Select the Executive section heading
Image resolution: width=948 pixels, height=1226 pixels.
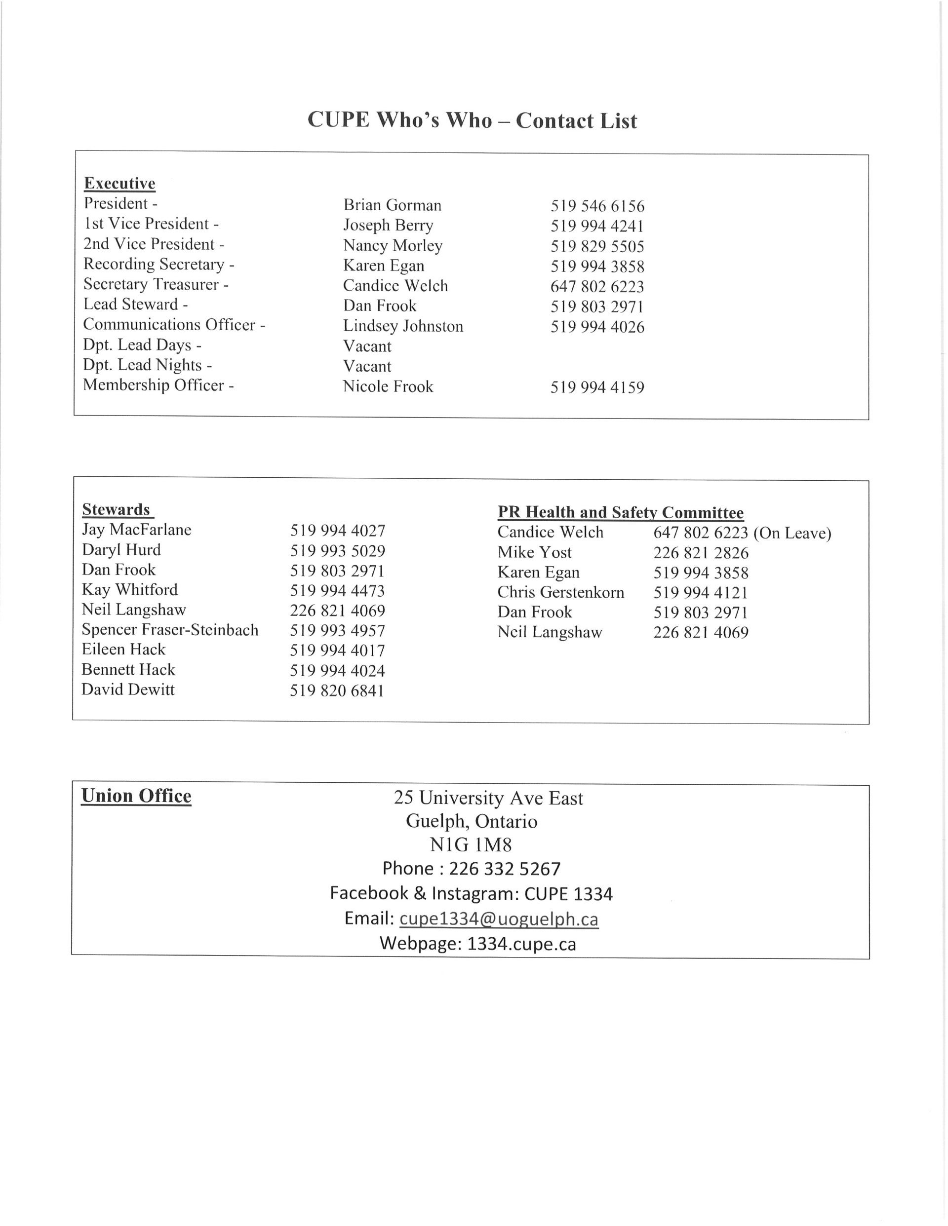pyautogui.click(x=119, y=184)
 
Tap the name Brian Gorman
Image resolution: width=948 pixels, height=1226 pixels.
pyautogui.click(x=392, y=205)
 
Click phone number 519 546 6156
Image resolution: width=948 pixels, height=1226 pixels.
pyautogui.click(x=597, y=206)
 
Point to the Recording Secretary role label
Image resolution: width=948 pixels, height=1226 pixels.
pyautogui.click(x=158, y=265)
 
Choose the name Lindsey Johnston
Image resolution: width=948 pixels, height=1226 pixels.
pyautogui.click(x=403, y=326)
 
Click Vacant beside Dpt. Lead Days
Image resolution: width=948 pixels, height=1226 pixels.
pyautogui.click(x=367, y=346)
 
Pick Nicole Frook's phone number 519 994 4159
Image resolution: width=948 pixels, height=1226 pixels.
pyautogui.click(x=597, y=387)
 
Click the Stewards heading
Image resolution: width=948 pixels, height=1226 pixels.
pyautogui.click(x=116, y=510)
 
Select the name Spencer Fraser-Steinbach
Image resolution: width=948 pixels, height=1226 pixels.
pyautogui.click(x=170, y=630)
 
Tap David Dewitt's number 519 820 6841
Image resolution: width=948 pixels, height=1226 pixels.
pyautogui.click(x=337, y=690)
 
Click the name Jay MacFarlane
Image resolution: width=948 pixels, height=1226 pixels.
pyautogui.click(x=136, y=530)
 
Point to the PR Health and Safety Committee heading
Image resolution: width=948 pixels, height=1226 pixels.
pyautogui.click(x=620, y=512)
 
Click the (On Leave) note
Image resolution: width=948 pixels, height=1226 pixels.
pyautogui.click(x=792, y=533)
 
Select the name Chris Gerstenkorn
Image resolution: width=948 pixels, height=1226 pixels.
pyautogui.click(x=560, y=592)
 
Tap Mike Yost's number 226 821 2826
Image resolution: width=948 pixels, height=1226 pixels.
pyautogui.click(x=700, y=553)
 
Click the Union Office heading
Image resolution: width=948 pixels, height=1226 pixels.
pyautogui.click(x=136, y=796)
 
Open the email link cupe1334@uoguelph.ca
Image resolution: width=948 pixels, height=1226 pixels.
pyautogui.click(x=498, y=919)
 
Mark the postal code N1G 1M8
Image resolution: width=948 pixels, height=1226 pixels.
pyautogui.click(x=471, y=845)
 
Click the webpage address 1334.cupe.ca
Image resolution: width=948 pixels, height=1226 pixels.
pyautogui.click(x=521, y=944)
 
